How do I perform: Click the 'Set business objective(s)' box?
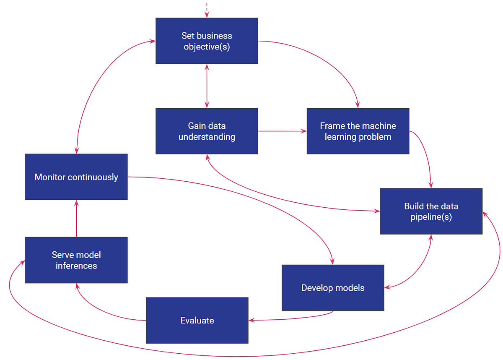pyautogui.click(x=207, y=41)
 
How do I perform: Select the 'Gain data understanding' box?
pyautogui.click(x=207, y=131)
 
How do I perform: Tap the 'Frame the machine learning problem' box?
pyautogui.click(x=358, y=131)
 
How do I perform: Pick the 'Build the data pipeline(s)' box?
pyautogui.click(x=431, y=211)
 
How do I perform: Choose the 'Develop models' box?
pyautogui.click(x=333, y=288)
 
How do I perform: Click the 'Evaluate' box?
pyautogui.click(x=197, y=320)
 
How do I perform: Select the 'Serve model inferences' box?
pyautogui.click(x=76, y=260)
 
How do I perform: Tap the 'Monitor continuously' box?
pyautogui.click(x=76, y=177)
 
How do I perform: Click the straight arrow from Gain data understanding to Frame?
pyautogui.click(x=282, y=131)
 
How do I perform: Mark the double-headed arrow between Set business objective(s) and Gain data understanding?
pyautogui.click(x=207, y=86)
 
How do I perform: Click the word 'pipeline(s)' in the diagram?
pyautogui.click(x=431, y=217)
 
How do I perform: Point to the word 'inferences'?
pyautogui.click(x=76, y=266)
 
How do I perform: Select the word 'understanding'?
pyautogui.click(x=207, y=137)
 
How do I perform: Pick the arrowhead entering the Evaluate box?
pyautogui.click(x=251, y=321)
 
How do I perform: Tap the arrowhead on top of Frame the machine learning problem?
pyautogui.click(x=358, y=105)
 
